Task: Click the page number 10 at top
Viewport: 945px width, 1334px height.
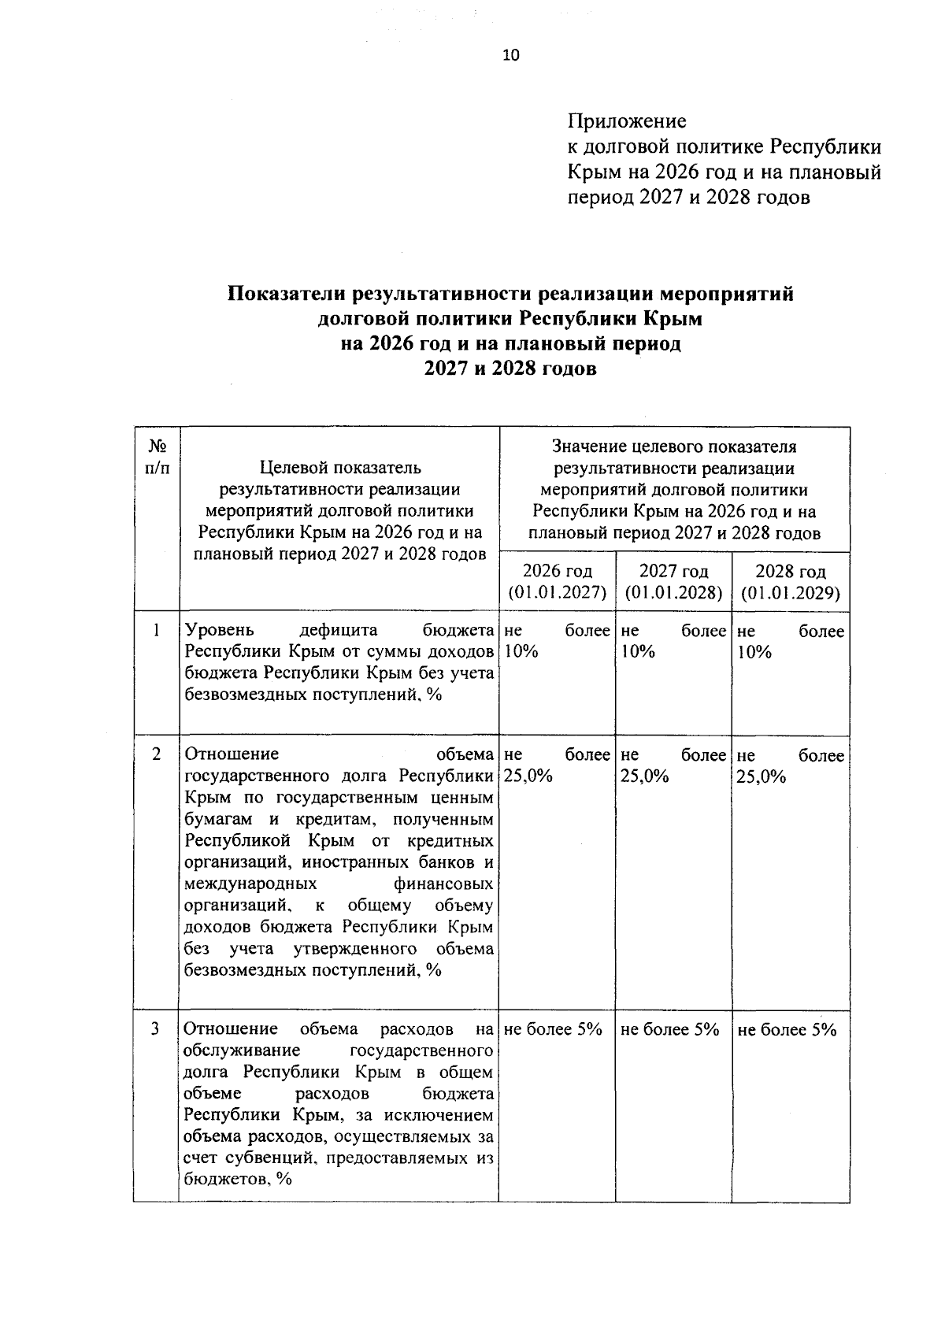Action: pos(511,55)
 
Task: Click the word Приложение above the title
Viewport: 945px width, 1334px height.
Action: pos(627,121)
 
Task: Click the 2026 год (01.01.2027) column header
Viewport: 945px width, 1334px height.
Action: pos(558,581)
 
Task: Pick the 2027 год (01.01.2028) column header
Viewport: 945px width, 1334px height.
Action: pos(673,581)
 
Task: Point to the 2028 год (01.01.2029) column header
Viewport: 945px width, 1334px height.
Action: pos(790,581)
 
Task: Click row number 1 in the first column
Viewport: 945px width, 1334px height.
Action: pos(157,631)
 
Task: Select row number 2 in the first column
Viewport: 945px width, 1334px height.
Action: pos(157,754)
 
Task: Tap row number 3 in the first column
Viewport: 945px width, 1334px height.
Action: pos(157,1029)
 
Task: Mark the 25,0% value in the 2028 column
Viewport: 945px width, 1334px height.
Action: pos(761,776)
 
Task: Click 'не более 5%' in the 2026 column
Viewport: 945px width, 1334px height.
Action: pos(553,1029)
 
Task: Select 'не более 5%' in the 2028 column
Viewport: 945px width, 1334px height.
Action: pos(787,1029)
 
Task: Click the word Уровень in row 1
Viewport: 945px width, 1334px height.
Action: pos(219,631)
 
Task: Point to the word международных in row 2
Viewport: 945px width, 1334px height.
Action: pos(250,884)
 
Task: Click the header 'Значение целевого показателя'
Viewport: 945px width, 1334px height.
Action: pos(674,447)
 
